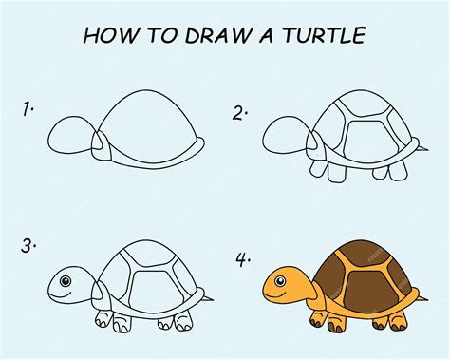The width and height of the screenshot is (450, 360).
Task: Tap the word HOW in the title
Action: [x=106, y=36]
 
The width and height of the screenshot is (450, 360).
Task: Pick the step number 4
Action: [x=240, y=257]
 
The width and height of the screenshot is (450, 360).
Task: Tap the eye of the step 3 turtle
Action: [x=64, y=280]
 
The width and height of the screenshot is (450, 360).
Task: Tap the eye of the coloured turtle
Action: [x=280, y=281]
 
